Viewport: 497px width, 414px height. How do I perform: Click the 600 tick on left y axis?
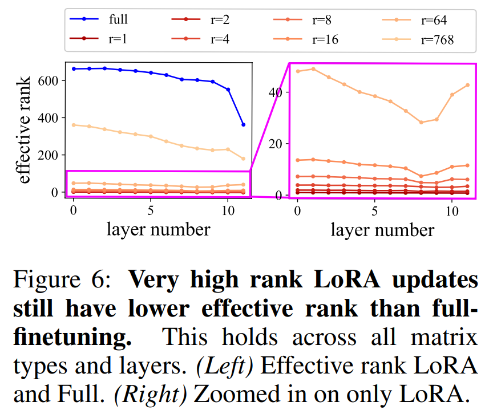pyautogui.click(x=50, y=80)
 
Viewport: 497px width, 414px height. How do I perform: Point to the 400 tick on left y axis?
pyautogui.click(x=50, y=118)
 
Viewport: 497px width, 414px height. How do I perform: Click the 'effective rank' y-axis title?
pyautogui.click(x=26, y=130)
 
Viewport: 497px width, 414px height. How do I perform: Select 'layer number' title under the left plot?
pyautogui.click(x=159, y=229)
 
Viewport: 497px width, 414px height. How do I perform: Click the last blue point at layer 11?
pyautogui.click(x=244, y=124)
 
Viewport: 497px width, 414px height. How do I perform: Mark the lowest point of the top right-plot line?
pyautogui.click(x=421, y=123)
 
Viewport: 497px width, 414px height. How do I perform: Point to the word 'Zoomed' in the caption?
pyautogui.click(x=234, y=394)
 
